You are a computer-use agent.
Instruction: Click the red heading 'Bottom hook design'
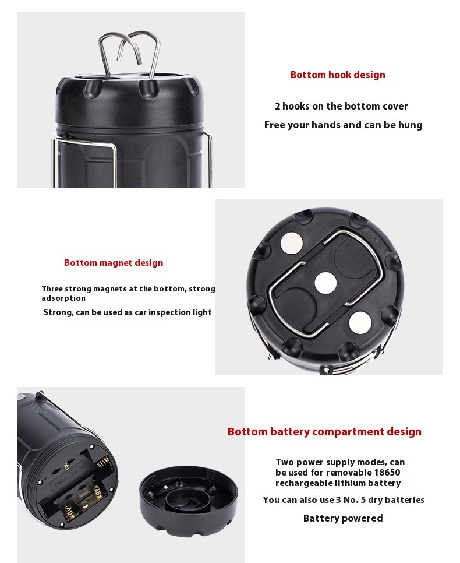[x=338, y=75]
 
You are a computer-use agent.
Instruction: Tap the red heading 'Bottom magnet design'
[x=114, y=263]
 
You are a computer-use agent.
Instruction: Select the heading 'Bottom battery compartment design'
[x=324, y=432]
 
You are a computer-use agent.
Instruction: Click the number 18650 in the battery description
[x=387, y=473]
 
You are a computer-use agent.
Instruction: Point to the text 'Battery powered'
[x=342, y=518]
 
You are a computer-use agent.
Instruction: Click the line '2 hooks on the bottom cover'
[x=341, y=106]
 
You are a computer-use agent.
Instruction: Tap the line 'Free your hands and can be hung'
[x=344, y=125]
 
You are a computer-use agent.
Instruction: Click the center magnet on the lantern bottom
[x=325, y=282]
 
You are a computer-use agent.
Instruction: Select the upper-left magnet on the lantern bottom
[x=292, y=243]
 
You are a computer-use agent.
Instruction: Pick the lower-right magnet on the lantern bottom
[x=360, y=322]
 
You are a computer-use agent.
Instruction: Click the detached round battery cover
[x=189, y=501]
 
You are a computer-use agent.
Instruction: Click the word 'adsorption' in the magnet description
[x=63, y=298]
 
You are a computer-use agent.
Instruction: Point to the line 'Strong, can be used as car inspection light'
[x=128, y=312]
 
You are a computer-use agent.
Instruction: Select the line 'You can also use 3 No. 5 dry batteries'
[x=344, y=500]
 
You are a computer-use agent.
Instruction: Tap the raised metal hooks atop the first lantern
[x=129, y=54]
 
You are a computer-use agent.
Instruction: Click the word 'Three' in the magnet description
[x=52, y=288]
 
